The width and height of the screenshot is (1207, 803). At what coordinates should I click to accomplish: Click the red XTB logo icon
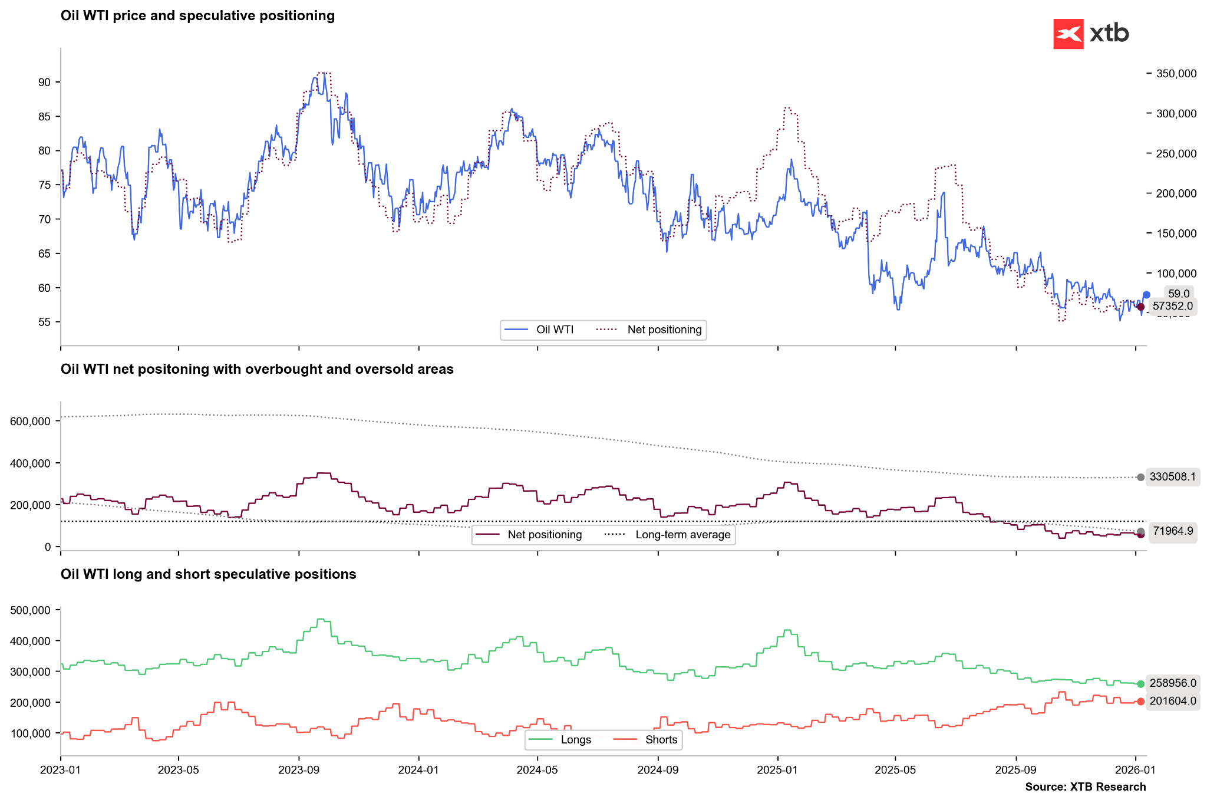1068,34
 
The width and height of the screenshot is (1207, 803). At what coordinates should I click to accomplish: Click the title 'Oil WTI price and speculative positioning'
197,16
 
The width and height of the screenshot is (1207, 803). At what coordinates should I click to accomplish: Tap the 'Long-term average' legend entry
682,535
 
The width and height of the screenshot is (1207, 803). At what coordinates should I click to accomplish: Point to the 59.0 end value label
1179,294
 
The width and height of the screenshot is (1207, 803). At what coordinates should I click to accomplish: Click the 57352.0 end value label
1172,306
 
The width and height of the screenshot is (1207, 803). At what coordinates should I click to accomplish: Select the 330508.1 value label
1172,476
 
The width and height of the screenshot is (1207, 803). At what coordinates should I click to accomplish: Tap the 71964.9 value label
1172,531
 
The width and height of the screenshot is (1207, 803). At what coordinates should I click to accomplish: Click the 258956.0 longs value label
1172,683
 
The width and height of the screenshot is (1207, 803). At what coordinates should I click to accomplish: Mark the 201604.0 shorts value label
1172,701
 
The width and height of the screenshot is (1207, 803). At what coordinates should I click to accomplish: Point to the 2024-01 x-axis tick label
418,770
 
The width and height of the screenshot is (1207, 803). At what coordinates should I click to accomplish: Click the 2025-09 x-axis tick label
1015,770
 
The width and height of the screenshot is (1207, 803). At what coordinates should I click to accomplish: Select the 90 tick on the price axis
45,83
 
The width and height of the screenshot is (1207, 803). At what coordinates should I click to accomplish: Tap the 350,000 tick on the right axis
1176,74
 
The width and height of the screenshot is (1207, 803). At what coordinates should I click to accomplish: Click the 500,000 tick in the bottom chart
31,610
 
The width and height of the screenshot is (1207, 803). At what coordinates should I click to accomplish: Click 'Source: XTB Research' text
1085,787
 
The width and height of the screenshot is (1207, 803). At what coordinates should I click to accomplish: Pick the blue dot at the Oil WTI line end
1146,295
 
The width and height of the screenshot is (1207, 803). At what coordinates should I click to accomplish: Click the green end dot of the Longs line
1140,684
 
